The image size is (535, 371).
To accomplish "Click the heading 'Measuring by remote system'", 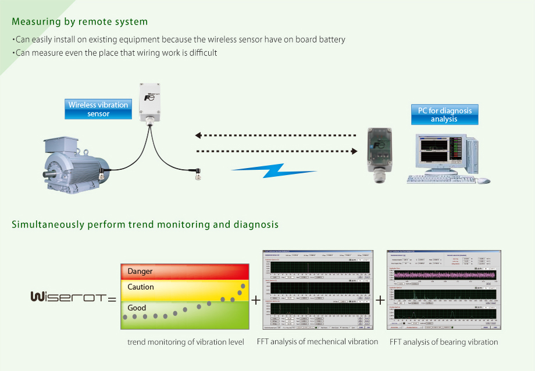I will coord(80,22).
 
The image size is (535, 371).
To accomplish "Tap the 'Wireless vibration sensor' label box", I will coord(98,109).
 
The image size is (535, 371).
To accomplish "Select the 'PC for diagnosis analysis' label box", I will coord(444,115).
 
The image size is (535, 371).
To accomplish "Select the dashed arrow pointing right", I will coord(277,151).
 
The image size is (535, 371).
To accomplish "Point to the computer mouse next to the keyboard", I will coord(483,181).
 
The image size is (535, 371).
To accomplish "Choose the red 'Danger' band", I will coord(184,272).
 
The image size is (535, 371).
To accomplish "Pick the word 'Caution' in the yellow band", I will coord(141,287).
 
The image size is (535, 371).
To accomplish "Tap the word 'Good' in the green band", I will coord(137,308).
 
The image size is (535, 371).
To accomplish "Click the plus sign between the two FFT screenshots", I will coord(380,300).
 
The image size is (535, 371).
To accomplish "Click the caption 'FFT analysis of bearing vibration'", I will coord(444,342).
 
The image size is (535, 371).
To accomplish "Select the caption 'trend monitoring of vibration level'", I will coord(186,342).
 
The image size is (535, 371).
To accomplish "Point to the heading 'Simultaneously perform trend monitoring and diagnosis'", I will coord(145,224).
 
